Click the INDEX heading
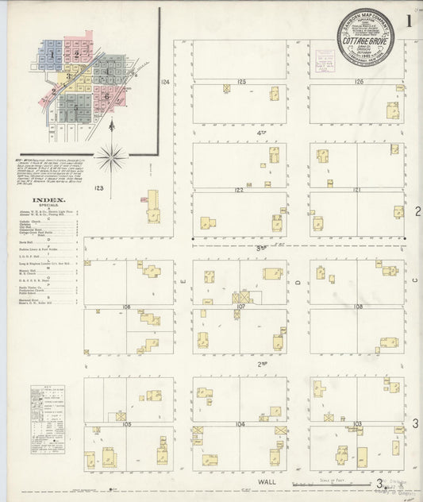tap(48, 201)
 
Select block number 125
tap(240, 82)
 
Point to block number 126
tap(359, 82)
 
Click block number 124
tap(165, 82)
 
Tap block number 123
tap(98, 188)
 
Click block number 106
tap(125, 307)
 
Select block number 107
tap(240, 307)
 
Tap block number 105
tap(125, 424)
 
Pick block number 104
tap(240, 424)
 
